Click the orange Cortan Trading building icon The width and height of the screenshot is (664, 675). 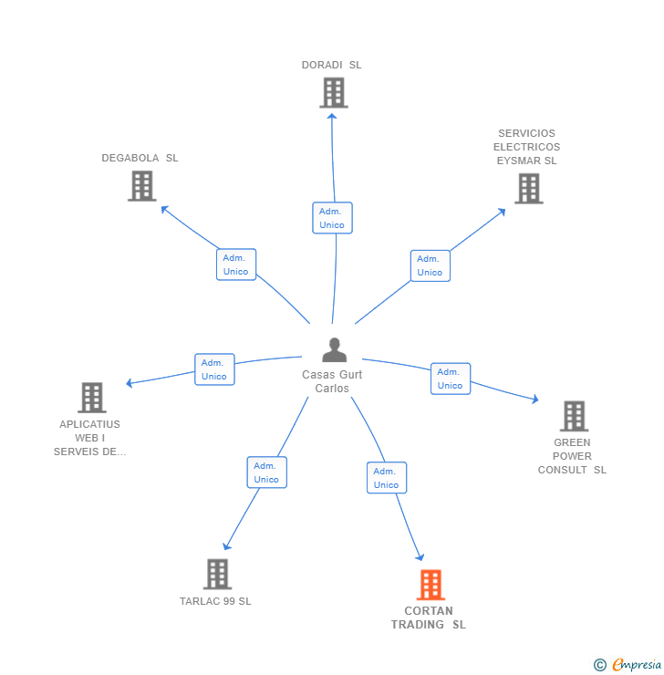pos(430,585)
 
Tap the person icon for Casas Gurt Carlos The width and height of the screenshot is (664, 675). pos(335,350)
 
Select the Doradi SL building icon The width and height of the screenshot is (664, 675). pos(333,92)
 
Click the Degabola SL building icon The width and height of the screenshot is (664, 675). pos(141,186)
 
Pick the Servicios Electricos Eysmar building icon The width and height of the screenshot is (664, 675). pos(528,189)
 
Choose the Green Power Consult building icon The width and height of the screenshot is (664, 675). pos(573,416)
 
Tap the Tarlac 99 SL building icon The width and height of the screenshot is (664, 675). pos(216,574)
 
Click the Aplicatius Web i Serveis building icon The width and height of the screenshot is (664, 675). pos(91,398)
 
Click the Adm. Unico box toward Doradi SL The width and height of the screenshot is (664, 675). pos(332,218)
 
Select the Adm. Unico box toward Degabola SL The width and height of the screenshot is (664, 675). pos(236,265)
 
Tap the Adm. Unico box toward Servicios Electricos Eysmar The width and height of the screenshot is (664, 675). pos(430,265)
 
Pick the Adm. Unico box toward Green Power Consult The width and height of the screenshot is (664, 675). pos(451,379)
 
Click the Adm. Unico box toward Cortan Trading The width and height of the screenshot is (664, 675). pos(387,478)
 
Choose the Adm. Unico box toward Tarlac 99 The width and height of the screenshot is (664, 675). pos(266,472)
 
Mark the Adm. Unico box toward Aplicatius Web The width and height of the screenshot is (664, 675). pos(214,369)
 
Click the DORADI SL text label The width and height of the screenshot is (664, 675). pos(332,65)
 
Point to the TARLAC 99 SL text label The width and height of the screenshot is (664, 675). pos(215,601)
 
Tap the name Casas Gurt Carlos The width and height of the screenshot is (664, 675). pos(332,381)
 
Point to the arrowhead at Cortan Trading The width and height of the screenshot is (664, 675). pos(420,557)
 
